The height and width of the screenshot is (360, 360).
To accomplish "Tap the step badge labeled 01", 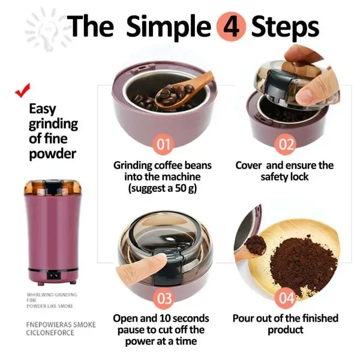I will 164,144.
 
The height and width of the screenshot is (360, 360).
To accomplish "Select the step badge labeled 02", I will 286,144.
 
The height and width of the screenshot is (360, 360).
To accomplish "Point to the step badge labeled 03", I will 164,298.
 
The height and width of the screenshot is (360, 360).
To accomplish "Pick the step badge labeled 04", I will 286,298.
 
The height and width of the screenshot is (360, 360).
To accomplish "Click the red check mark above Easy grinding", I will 23,91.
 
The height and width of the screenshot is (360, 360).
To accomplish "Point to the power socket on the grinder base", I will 53,277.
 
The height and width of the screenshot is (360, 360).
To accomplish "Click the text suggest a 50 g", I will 165,188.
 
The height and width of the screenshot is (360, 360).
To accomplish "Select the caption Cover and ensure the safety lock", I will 284,171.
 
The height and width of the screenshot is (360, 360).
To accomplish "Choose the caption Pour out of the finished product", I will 285,323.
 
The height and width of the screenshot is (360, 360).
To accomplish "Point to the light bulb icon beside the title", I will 43,27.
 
